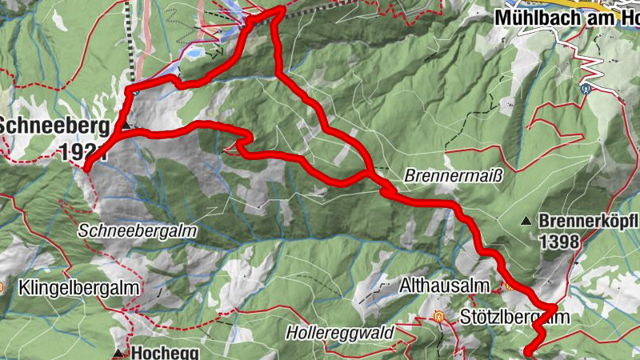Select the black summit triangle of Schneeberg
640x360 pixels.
pos(126,126)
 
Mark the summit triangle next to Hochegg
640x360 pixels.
pos(118,353)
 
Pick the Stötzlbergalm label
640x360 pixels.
pos(514,318)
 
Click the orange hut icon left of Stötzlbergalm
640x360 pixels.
pos(438,317)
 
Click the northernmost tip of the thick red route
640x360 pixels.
pos(281,8)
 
